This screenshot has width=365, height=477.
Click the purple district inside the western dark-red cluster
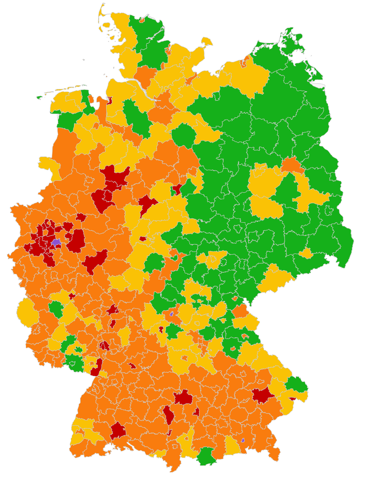(56, 242)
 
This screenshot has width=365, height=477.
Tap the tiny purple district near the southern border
(243, 440)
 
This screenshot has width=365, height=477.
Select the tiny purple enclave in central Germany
(171, 314)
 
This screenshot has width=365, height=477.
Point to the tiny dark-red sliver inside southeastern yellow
(292, 399)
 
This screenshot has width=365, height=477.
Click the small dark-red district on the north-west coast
(110, 100)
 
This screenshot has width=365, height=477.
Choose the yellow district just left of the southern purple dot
(232, 445)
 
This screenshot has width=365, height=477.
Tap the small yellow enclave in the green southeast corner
(306, 253)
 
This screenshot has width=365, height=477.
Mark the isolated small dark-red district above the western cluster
(81, 217)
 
